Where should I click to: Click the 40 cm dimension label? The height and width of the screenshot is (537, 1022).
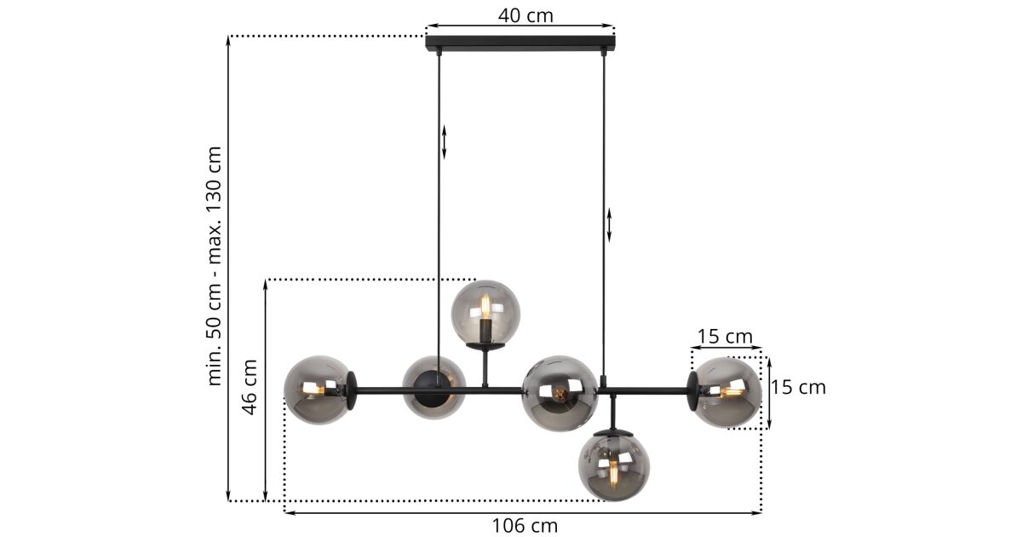525,15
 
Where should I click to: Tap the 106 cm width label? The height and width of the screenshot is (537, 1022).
525,526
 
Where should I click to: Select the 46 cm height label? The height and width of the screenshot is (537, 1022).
250,387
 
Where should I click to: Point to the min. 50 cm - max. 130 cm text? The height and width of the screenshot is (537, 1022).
215,266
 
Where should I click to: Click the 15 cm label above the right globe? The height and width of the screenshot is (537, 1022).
725,337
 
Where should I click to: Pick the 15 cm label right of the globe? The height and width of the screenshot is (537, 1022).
799,387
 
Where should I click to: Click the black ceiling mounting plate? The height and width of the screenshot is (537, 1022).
520,43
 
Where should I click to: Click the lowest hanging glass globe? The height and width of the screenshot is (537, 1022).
614,467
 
